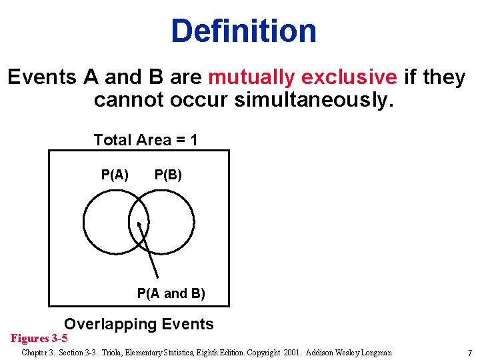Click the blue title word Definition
click(x=243, y=31)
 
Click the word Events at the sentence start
click(x=42, y=77)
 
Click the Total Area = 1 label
click(x=145, y=140)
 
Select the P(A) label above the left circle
click(x=115, y=175)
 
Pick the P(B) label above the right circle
click(x=168, y=175)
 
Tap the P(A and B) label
click(x=171, y=293)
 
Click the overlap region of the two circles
click(x=139, y=220)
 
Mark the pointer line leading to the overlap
click(x=150, y=257)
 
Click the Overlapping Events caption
click(x=139, y=325)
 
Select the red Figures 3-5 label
click(x=39, y=338)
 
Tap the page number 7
click(x=469, y=353)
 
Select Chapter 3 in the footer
click(x=39, y=353)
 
